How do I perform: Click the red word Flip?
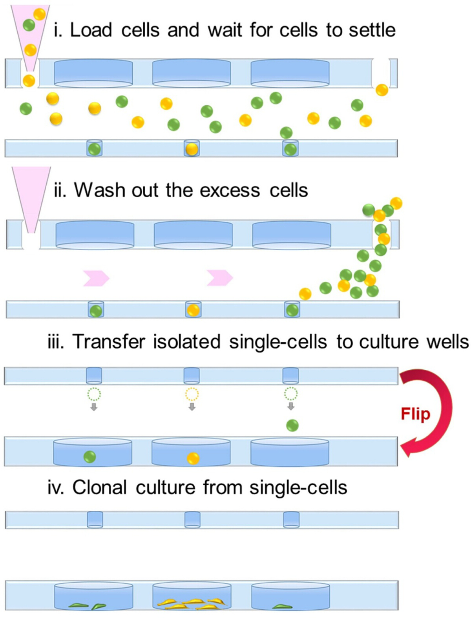point(415,415)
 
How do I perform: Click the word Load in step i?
point(91,30)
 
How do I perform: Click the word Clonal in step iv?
point(100,487)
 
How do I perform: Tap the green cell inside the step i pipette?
point(29,25)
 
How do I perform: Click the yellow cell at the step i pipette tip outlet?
point(29,81)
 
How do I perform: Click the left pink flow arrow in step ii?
point(96,278)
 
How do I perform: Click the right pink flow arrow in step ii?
point(220,278)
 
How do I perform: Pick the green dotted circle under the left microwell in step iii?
point(94,394)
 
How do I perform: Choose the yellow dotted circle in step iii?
point(192,394)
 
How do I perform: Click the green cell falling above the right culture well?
point(292,425)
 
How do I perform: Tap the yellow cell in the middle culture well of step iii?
point(193,458)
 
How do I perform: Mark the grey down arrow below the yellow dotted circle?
point(192,407)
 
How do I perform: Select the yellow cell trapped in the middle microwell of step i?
point(192,149)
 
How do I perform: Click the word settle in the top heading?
point(372,30)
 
